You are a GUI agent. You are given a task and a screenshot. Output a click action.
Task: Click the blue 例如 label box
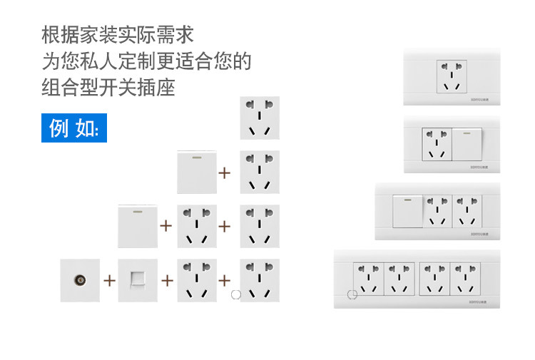point(74,128)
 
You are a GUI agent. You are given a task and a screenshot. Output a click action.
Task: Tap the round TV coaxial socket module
point(80,280)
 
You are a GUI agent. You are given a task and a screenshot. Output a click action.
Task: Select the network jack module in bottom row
point(138,280)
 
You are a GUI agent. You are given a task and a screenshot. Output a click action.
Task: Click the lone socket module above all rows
point(260,118)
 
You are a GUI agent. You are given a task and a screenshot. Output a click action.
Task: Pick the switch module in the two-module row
point(197,172)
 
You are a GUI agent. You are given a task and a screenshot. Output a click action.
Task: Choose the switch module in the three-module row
point(138,226)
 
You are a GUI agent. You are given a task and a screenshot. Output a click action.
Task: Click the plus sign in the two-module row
point(225,173)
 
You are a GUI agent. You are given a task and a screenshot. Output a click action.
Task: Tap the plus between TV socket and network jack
point(109,280)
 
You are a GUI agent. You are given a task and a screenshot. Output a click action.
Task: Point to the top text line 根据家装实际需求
point(118,34)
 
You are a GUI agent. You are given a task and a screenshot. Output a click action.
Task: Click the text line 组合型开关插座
point(108,88)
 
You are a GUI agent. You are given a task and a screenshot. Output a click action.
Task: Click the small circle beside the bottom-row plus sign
point(236,293)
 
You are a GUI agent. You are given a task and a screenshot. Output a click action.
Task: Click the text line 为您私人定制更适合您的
point(146,61)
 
